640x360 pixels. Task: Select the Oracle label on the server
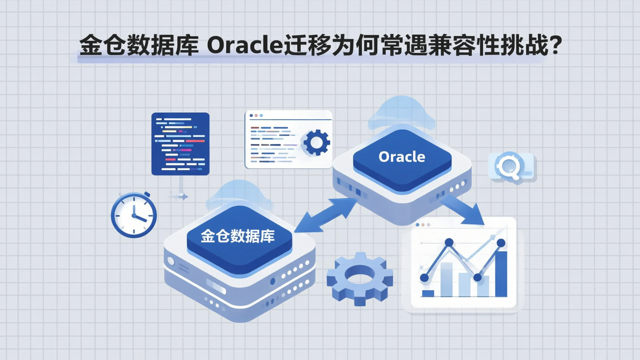(402, 157)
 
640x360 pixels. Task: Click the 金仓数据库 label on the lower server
(237, 236)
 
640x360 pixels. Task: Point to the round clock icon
(134, 215)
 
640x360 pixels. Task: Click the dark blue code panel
(180, 144)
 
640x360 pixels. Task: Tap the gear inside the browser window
(316, 142)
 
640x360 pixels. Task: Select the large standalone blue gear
(360, 279)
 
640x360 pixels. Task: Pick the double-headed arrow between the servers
(326, 216)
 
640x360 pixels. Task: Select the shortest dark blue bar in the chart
(428, 293)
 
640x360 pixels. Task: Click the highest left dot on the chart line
(449, 242)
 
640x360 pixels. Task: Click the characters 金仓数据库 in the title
(139, 45)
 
